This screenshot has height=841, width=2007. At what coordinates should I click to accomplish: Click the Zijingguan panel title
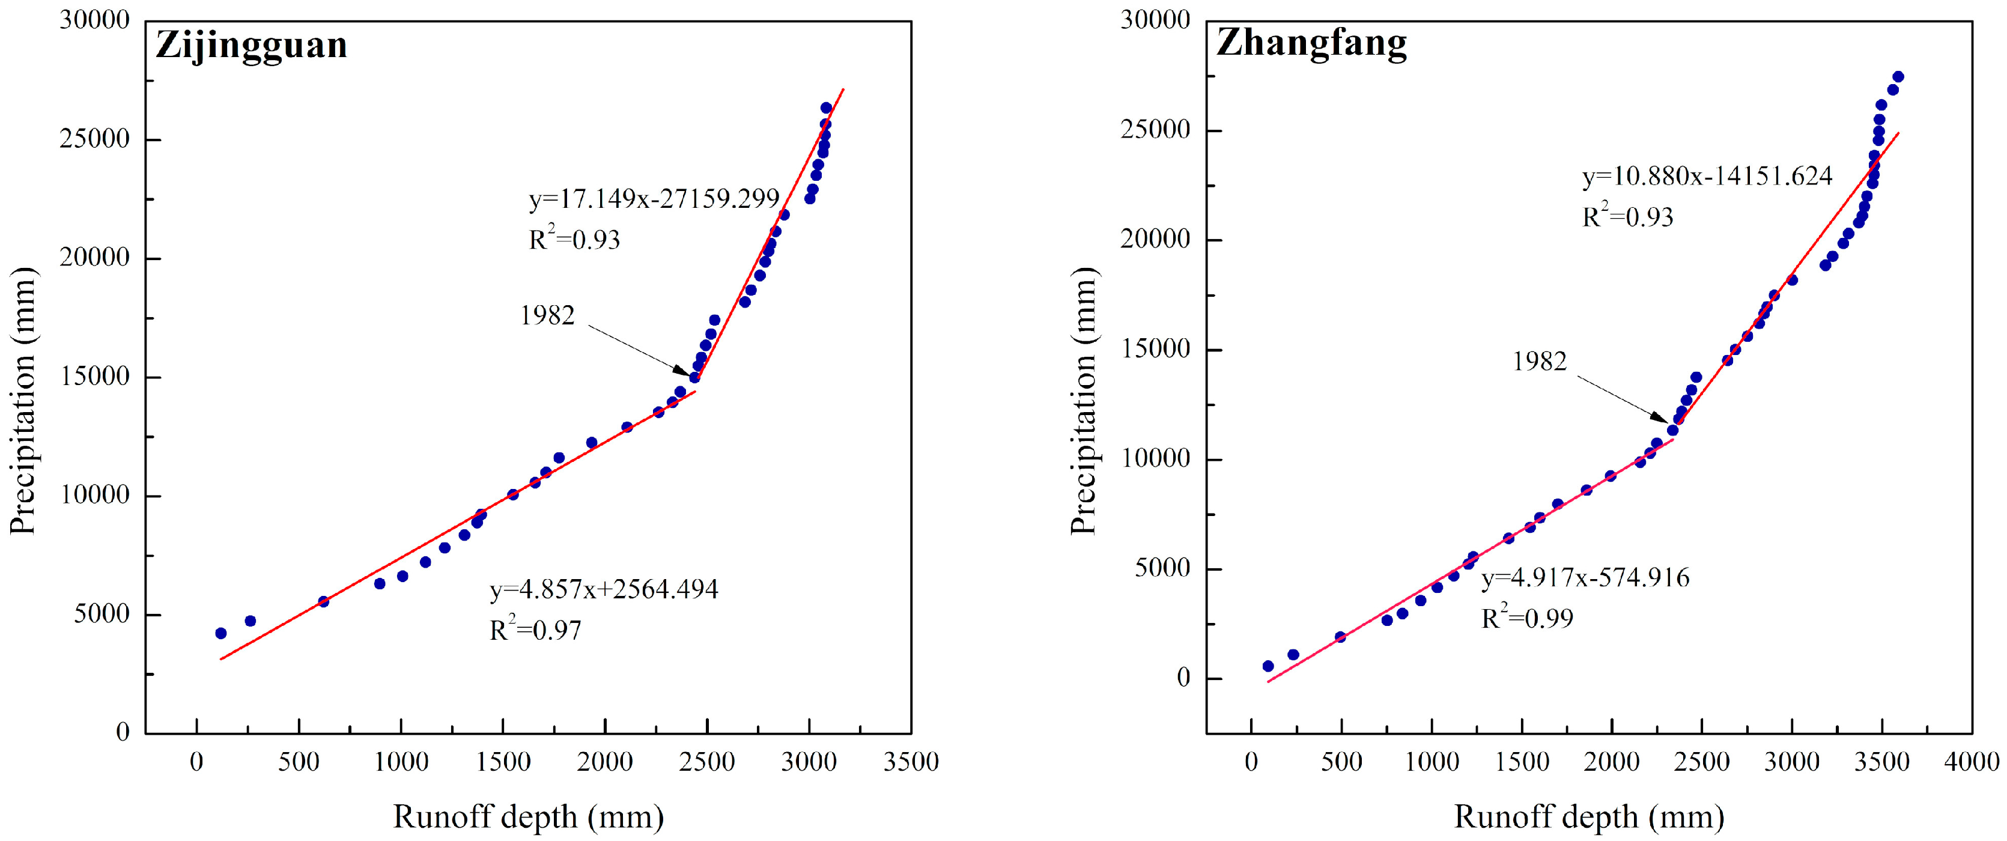[x=251, y=45]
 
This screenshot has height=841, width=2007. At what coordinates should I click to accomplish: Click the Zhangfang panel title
[x=1311, y=43]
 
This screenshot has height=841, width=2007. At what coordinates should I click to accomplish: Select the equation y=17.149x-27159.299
[x=654, y=199]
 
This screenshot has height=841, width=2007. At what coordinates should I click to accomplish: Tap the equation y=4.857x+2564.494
[x=604, y=589]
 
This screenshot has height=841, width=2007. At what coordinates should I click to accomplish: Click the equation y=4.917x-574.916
[x=1585, y=577]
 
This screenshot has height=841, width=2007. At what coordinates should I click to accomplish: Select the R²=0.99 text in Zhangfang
[x=1527, y=618]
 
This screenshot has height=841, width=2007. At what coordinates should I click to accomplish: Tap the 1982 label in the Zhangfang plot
[x=1539, y=361]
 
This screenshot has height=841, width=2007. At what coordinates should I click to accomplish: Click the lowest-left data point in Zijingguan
[x=220, y=634]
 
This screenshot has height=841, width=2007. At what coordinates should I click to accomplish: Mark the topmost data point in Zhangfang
[x=1898, y=76]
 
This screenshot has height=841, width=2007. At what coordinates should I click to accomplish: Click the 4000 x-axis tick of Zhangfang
[x=1971, y=762]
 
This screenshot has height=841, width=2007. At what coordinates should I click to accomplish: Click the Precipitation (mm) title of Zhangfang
[x=1084, y=401]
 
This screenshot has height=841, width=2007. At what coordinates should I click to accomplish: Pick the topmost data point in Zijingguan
[x=826, y=108]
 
